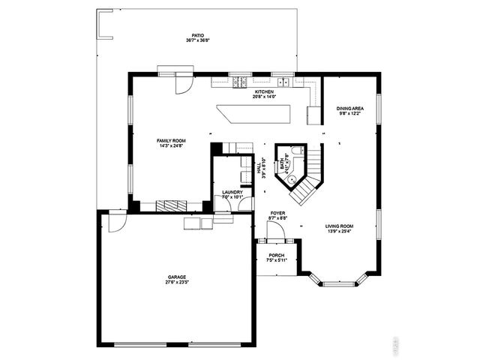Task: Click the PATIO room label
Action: click(x=198, y=35)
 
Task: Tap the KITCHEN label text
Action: click(x=264, y=91)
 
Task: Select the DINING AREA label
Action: click(x=350, y=108)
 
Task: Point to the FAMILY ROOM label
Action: click(x=171, y=140)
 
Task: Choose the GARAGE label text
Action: click(x=177, y=277)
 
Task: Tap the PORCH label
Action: click(x=277, y=256)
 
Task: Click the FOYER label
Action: click(x=277, y=213)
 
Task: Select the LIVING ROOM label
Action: click(x=340, y=226)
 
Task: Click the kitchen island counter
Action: click(x=255, y=115)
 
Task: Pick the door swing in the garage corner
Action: click(x=117, y=223)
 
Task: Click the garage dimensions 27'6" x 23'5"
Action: click(x=177, y=283)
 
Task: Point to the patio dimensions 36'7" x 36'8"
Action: click(x=198, y=40)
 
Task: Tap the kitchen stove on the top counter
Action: click(x=241, y=82)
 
